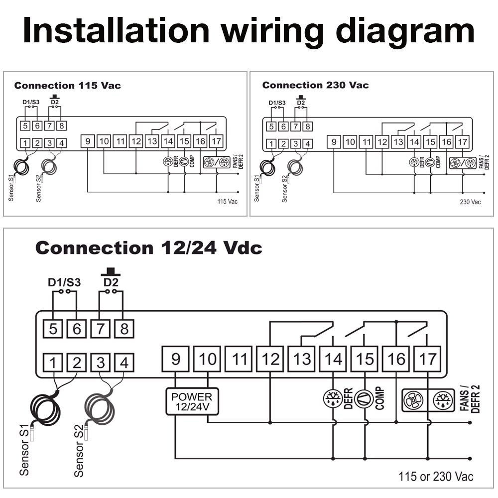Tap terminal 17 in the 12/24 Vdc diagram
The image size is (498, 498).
428,358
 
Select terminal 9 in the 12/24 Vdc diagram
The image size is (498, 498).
176,358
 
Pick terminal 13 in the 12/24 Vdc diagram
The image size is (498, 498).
302,358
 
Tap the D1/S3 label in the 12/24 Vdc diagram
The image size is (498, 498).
64,282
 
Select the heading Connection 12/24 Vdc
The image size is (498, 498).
148,248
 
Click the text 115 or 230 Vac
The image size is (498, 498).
436,476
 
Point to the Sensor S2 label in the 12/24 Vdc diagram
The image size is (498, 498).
79,452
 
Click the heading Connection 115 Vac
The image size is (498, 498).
67,86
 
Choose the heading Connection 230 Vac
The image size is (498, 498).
315,86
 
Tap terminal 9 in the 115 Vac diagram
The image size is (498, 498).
88,141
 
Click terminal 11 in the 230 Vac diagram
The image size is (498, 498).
367,142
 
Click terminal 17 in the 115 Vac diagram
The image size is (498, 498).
216,141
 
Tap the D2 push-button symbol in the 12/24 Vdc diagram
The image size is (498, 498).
111,272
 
